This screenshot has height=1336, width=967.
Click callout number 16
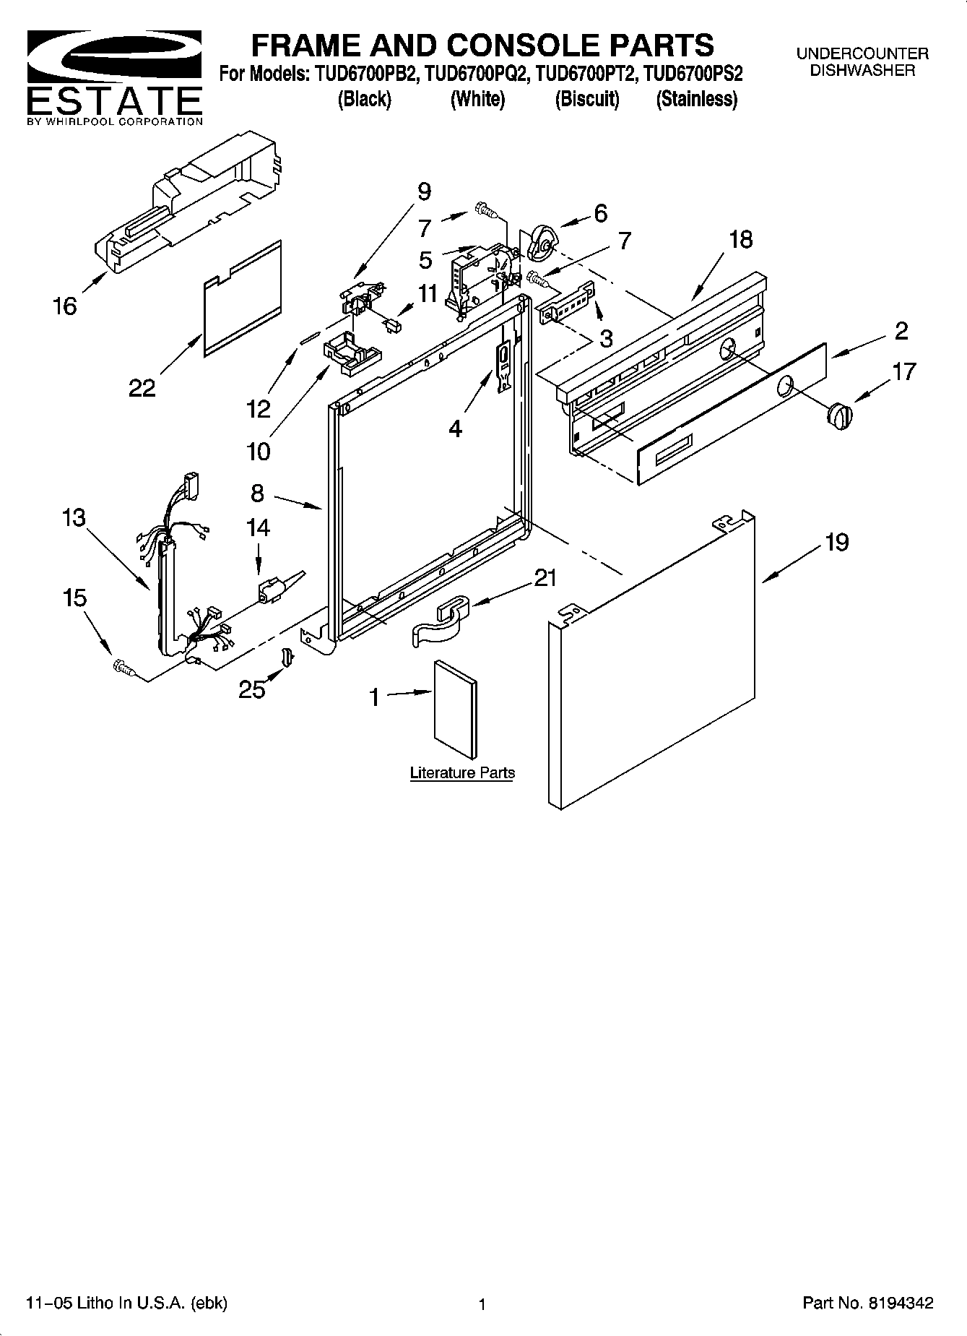pyautogui.click(x=65, y=306)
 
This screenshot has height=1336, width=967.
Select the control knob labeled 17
pyautogui.click(x=839, y=417)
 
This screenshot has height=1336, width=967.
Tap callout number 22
pyautogui.click(x=142, y=388)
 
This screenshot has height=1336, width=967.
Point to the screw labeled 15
pyautogui.click(x=123, y=668)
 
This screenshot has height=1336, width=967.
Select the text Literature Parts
pyautogui.click(x=462, y=772)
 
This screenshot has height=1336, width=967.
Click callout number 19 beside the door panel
pyautogui.click(x=837, y=542)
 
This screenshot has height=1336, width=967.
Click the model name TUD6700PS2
pyautogui.click(x=693, y=74)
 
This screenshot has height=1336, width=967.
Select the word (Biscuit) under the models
pyautogui.click(x=586, y=99)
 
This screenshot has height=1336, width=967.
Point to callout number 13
pyautogui.click(x=74, y=517)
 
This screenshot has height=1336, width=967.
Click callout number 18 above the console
pyautogui.click(x=740, y=239)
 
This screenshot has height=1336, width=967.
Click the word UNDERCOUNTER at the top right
pyautogui.click(x=862, y=53)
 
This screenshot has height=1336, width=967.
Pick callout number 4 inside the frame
pyautogui.click(x=455, y=429)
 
